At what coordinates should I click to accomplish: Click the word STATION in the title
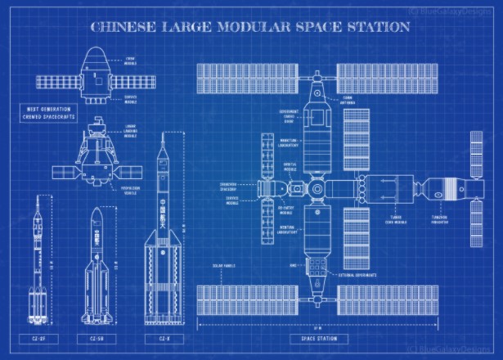click(x=372, y=27)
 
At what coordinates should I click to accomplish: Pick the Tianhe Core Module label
click(x=400, y=219)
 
